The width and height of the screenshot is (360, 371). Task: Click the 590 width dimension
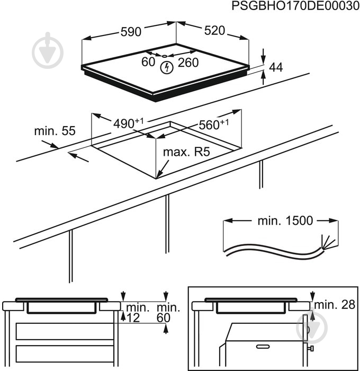[130, 32]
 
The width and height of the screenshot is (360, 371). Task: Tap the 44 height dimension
[276, 67]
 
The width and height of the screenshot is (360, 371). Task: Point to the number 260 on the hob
[188, 63]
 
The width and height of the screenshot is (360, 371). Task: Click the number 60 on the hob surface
[148, 62]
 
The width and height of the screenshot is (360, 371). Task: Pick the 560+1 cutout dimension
[214, 125]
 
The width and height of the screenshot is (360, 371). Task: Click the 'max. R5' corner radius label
[186, 153]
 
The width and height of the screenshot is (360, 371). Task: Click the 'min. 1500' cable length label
[285, 221]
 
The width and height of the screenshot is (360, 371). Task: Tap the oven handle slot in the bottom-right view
[263, 346]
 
